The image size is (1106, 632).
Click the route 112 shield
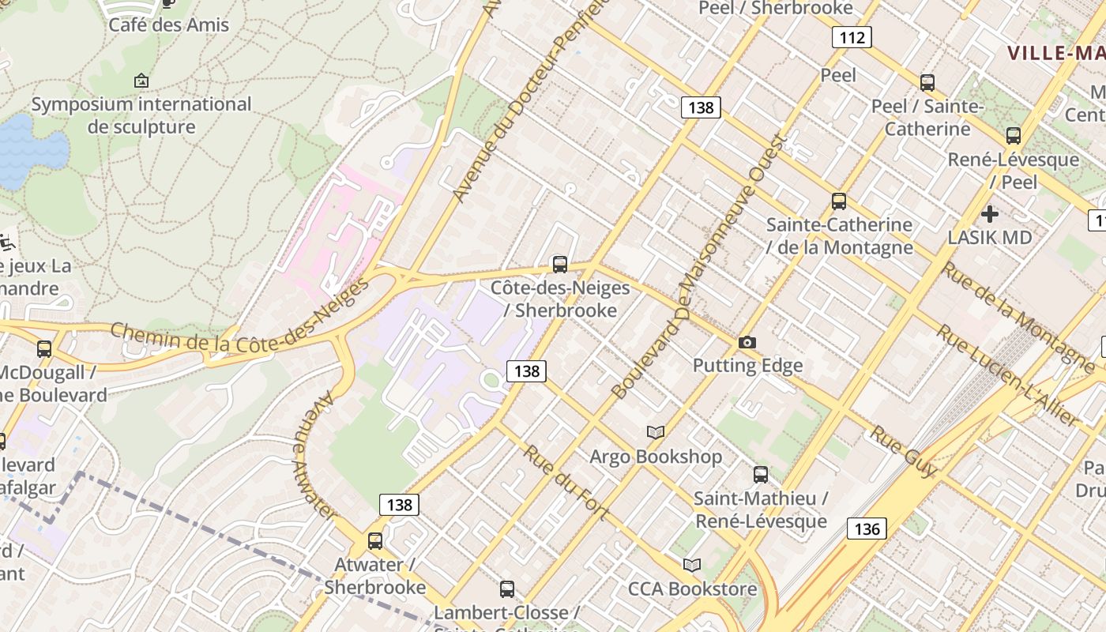pos(852,37)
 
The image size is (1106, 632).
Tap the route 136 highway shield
pos(867,529)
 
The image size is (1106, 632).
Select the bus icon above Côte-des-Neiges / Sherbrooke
pos(560,264)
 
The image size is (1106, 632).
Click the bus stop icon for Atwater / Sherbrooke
pos(375,541)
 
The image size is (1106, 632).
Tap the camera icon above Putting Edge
pos(747,342)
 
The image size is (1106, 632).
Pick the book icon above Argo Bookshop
pos(656,432)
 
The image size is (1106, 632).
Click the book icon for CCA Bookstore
pos(692,565)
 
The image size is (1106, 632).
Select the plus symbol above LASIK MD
pos(989,213)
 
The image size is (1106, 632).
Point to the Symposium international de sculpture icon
pos(141,81)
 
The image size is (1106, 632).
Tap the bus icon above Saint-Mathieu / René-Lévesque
pos(761,474)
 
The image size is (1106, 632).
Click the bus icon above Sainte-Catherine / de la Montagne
pos(839,201)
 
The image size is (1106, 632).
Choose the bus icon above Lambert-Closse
pos(507,589)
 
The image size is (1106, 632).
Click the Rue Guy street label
pos(904,451)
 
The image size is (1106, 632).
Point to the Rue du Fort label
pos(566,483)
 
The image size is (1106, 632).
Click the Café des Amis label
pos(169,24)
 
